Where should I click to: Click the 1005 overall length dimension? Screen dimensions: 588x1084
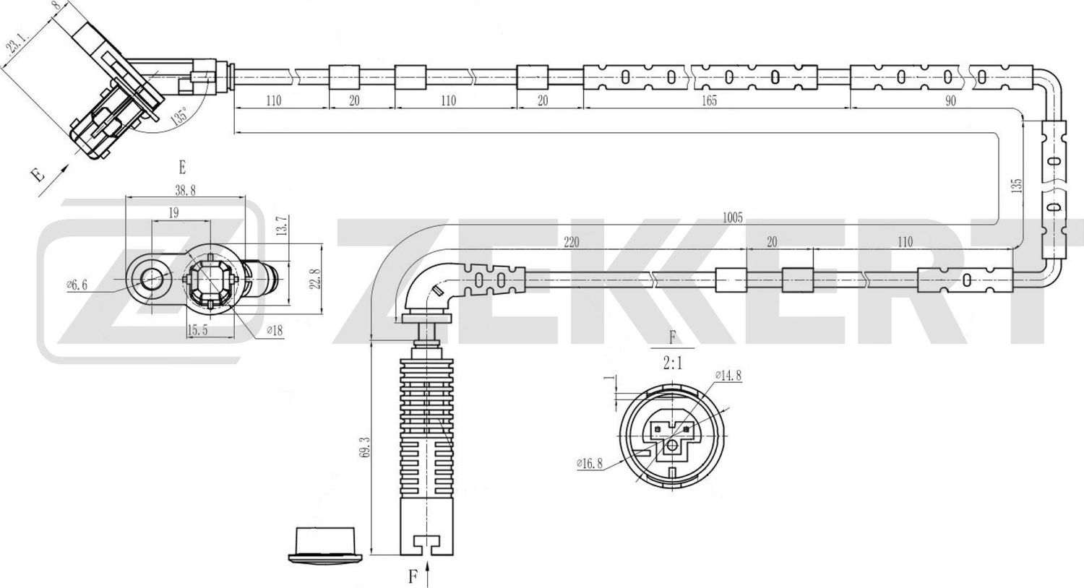pyautogui.click(x=731, y=217)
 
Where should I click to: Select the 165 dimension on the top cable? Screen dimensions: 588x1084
pyautogui.click(x=709, y=100)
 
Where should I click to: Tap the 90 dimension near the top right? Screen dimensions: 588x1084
pyautogui.click(x=950, y=100)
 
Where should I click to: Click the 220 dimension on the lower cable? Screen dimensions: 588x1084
pyautogui.click(x=571, y=242)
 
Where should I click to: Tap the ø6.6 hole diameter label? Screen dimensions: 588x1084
pyautogui.click(x=77, y=285)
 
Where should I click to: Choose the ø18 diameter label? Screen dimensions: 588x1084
pyautogui.click(x=274, y=331)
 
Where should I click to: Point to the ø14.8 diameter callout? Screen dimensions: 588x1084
pyautogui.click(x=728, y=375)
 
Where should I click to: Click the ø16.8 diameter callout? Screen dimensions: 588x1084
pyautogui.click(x=590, y=464)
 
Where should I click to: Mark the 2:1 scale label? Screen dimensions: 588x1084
pyautogui.click(x=672, y=365)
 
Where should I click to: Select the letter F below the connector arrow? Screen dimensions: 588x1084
pyautogui.click(x=413, y=576)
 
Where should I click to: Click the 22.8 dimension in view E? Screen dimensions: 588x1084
pyautogui.click(x=314, y=278)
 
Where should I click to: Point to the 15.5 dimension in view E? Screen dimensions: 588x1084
pyautogui.click(x=198, y=330)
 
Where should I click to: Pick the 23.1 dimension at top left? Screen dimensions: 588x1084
pyautogui.click(x=15, y=47)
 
